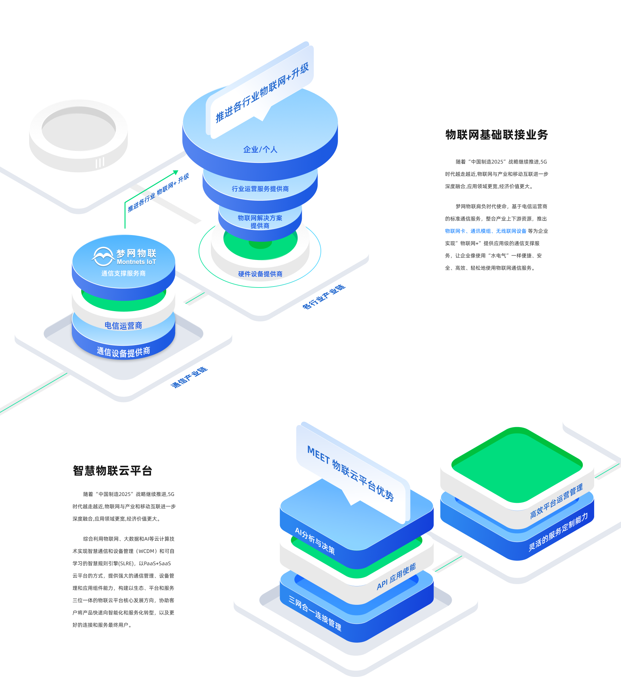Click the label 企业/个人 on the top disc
(x=260, y=150)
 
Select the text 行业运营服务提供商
(x=260, y=189)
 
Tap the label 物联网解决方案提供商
(x=260, y=222)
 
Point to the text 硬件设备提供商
(x=260, y=274)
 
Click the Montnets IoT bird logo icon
(x=103, y=257)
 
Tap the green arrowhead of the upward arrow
(x=176, y=173)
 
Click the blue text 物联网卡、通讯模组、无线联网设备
(x=485, y=231)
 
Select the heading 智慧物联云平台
(x=113, y=470)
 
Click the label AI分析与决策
(x=315, y=541)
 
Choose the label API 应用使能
(x=396, y=576)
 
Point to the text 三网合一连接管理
(x=315, y=613)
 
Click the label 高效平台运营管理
(x=556, y=502)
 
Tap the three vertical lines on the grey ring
(x=100, y=163)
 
